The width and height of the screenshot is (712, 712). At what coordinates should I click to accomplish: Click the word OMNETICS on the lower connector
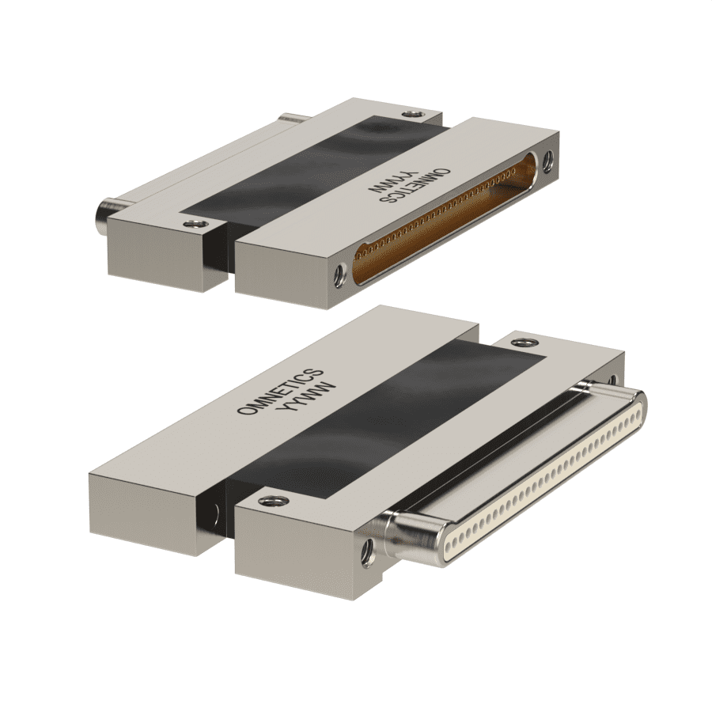[x=280, y=391]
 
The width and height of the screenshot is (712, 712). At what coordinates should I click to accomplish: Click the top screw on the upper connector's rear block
[x=412, y=116]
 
